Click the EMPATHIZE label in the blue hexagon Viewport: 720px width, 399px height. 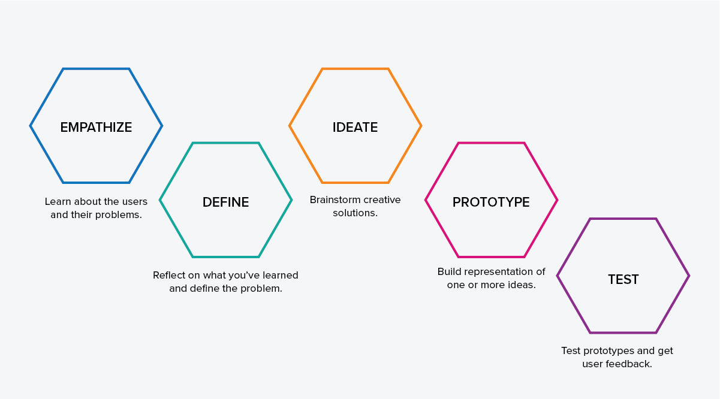pos(96,127)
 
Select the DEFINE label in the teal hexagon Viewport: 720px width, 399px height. pos(225,202)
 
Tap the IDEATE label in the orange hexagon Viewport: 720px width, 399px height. pos(355,127)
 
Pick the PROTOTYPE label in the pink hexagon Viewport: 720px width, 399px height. pos(491,202)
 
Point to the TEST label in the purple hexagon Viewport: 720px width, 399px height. pos(623,280)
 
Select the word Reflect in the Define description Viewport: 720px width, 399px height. pos(167,276)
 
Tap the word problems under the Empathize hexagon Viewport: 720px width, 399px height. pos(119,215)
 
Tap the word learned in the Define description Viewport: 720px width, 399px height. pos(281,276)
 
